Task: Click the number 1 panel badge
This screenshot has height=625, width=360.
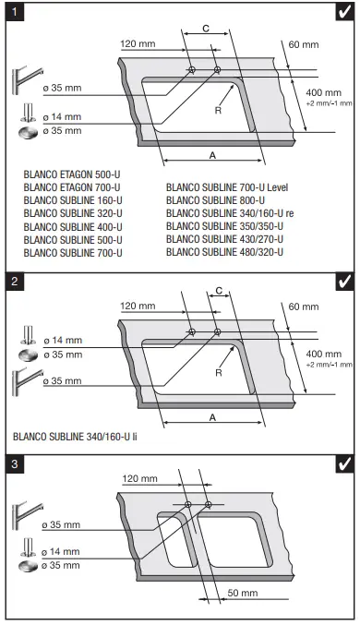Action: (x=14, y=13)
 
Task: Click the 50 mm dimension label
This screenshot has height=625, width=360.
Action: (x=242, y=591)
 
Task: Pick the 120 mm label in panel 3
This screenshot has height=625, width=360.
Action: (x=139, y=480)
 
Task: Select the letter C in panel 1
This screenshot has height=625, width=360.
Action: (x=204, y=30)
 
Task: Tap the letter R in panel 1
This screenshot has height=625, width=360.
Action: (x=220, y=108)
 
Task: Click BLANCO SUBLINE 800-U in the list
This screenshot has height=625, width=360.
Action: (x=215, y=200)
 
